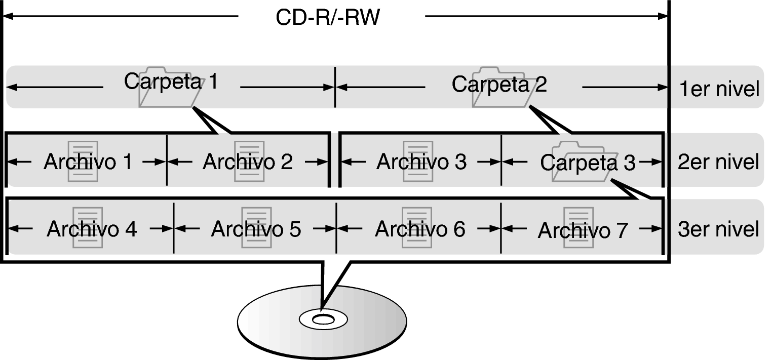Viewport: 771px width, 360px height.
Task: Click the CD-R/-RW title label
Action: click(328, 17)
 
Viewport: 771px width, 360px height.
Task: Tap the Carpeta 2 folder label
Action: click(499, 85)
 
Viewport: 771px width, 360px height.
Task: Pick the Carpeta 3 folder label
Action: click(588, 163)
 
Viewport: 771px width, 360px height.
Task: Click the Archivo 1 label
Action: click(88, 162)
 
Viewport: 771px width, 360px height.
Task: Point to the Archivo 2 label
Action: click(248, 162)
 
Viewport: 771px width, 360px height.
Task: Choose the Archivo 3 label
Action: click(421, 162)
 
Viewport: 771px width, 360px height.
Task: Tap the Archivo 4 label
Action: click(92, 229)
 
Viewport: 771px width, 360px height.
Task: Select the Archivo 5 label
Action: click(256, 229)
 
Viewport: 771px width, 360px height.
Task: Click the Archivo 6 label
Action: click(420, 229)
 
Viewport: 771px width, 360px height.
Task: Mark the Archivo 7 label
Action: click(583, 230)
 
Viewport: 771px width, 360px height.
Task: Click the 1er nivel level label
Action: click(719, 89)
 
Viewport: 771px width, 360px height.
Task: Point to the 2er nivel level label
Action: click(718, 162)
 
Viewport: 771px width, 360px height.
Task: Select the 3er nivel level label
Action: click(718, 229)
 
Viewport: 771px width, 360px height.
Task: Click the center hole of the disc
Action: click(323, 320)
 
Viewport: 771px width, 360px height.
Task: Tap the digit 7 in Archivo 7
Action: click(622, 230)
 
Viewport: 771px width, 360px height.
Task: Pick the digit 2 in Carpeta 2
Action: click(541, 85)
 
